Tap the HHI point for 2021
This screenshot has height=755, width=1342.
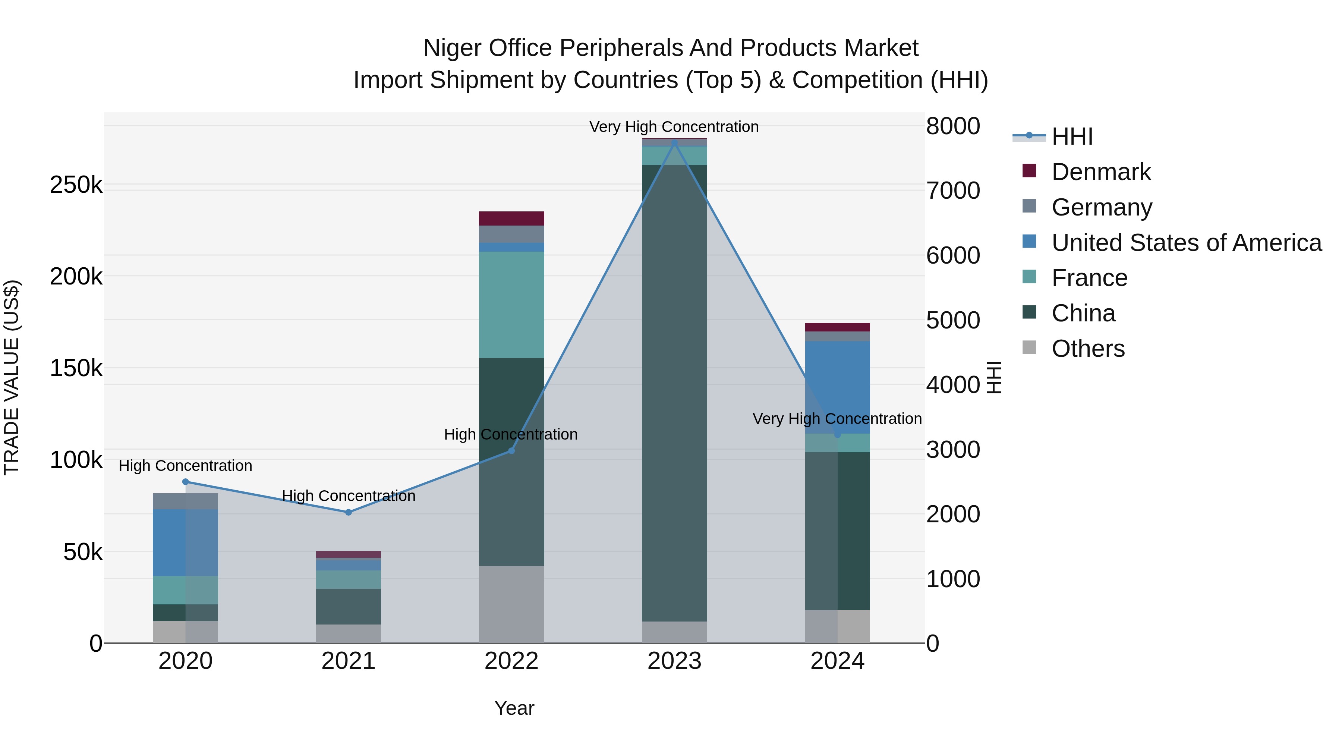349,512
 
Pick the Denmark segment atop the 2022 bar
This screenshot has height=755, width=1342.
511,218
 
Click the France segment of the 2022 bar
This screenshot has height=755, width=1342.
511,305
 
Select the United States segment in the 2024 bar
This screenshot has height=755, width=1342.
837,387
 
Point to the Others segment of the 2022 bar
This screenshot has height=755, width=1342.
511,604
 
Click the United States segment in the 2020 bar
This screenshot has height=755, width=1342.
186,542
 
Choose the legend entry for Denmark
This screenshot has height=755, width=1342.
1100,172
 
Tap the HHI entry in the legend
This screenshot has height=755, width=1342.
1072,136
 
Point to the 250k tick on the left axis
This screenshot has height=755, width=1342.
76,185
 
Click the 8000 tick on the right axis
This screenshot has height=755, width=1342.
953,126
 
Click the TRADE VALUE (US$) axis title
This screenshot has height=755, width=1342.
12,377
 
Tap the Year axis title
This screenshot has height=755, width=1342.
514,708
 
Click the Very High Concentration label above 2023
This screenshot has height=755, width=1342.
674,127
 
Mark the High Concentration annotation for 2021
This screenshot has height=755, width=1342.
349,496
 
